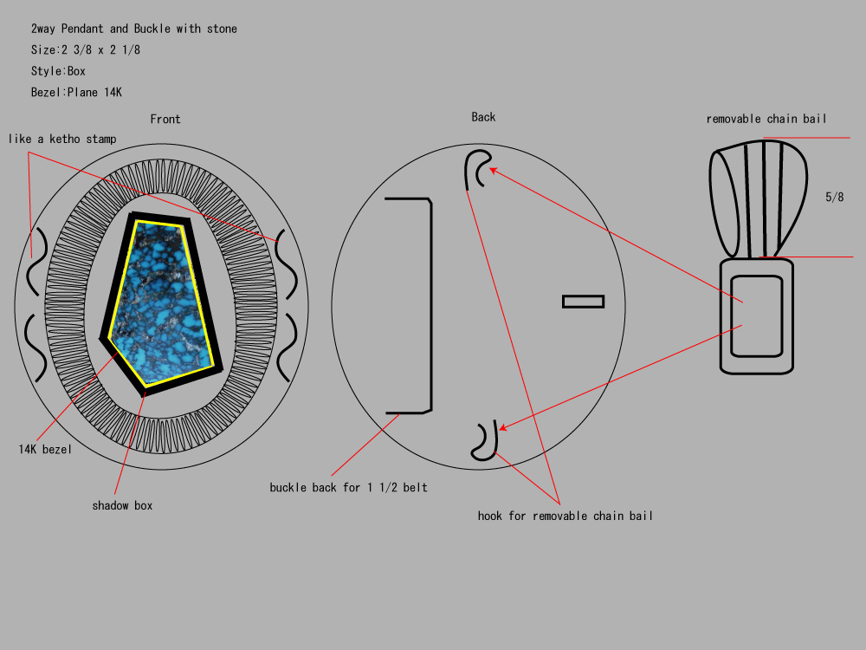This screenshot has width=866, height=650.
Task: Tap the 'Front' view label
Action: [165, 119]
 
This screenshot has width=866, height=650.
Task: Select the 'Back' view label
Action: [483, 117]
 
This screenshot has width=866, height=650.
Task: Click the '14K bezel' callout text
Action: [45, 449]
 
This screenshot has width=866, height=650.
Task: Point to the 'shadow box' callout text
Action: [122, 505]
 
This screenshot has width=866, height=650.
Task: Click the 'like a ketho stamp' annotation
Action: [62, 139]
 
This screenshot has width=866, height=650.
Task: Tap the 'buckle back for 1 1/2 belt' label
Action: [348, 487]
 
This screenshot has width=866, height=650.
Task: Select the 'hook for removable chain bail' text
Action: [565, 516]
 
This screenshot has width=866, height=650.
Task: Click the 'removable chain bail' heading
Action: [766, 119]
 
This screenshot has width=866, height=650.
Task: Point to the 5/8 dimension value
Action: [835, 197]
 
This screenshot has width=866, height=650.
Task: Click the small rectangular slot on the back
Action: [583, 302]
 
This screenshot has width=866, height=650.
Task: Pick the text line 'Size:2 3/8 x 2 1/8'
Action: [86, 49]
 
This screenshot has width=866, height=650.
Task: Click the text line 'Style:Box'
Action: [58, 71]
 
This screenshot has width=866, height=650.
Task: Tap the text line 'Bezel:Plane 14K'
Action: [76, 93]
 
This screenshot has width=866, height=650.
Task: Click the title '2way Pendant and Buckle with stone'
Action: [133, 29]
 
